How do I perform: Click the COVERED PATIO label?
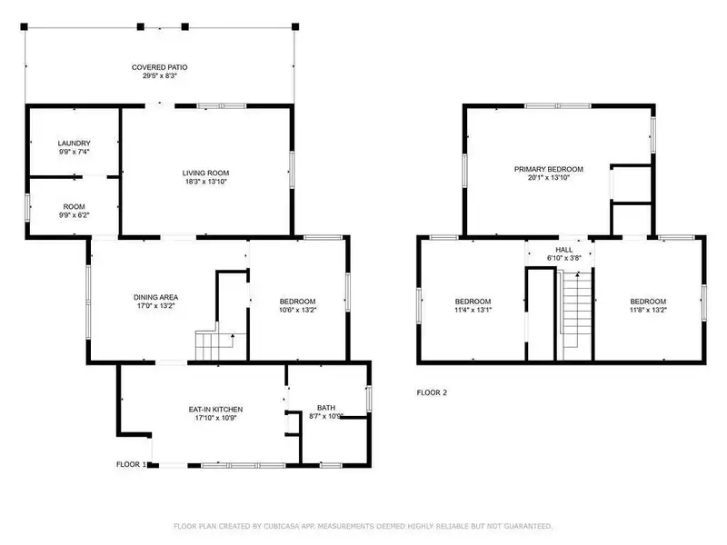(x=160, y=67)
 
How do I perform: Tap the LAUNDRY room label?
(x=75, y=144)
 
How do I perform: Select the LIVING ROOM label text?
(x=205, y=173)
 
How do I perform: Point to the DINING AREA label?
(x=155, y=297)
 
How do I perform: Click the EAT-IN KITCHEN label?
(x=215, y=410)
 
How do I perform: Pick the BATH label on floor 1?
(x=326, y=408)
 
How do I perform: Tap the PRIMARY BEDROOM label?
(x=549, y=169)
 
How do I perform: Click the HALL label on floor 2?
(x=563, y=250)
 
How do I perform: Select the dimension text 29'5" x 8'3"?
(x=160, y=75)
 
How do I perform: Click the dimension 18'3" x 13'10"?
(x=206, y=182)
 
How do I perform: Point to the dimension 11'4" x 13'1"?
(x=473, y=310)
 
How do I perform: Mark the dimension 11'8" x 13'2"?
(x=648, y=310)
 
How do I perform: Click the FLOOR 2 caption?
(x=432, y=392)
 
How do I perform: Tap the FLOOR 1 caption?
(x=131, y=464)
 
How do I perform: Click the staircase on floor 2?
(x=577, y=315)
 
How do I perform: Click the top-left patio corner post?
(x=25, y=27)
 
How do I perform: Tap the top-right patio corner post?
(x=294, y=27)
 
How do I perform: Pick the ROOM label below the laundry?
(x=75, y=207)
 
